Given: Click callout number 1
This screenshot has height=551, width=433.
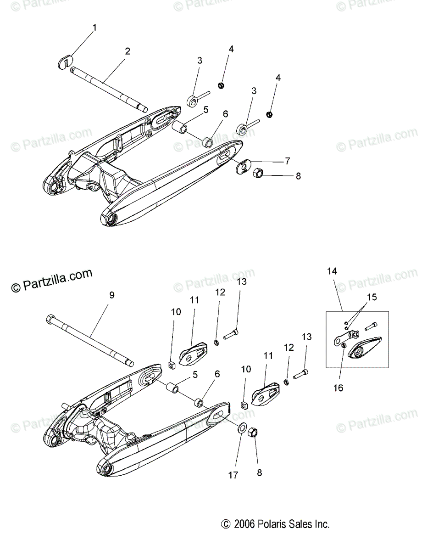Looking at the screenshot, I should (95, 28).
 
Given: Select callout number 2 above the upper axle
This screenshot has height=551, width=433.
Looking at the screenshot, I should (127, 51).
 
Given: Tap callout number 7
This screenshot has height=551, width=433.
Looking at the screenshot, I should (287, 161).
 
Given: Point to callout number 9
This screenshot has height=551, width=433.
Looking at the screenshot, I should (111, 295).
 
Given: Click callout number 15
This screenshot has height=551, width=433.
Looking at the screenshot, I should (372, 297).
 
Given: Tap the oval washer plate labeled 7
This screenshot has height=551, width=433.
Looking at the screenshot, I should (243, 166).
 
